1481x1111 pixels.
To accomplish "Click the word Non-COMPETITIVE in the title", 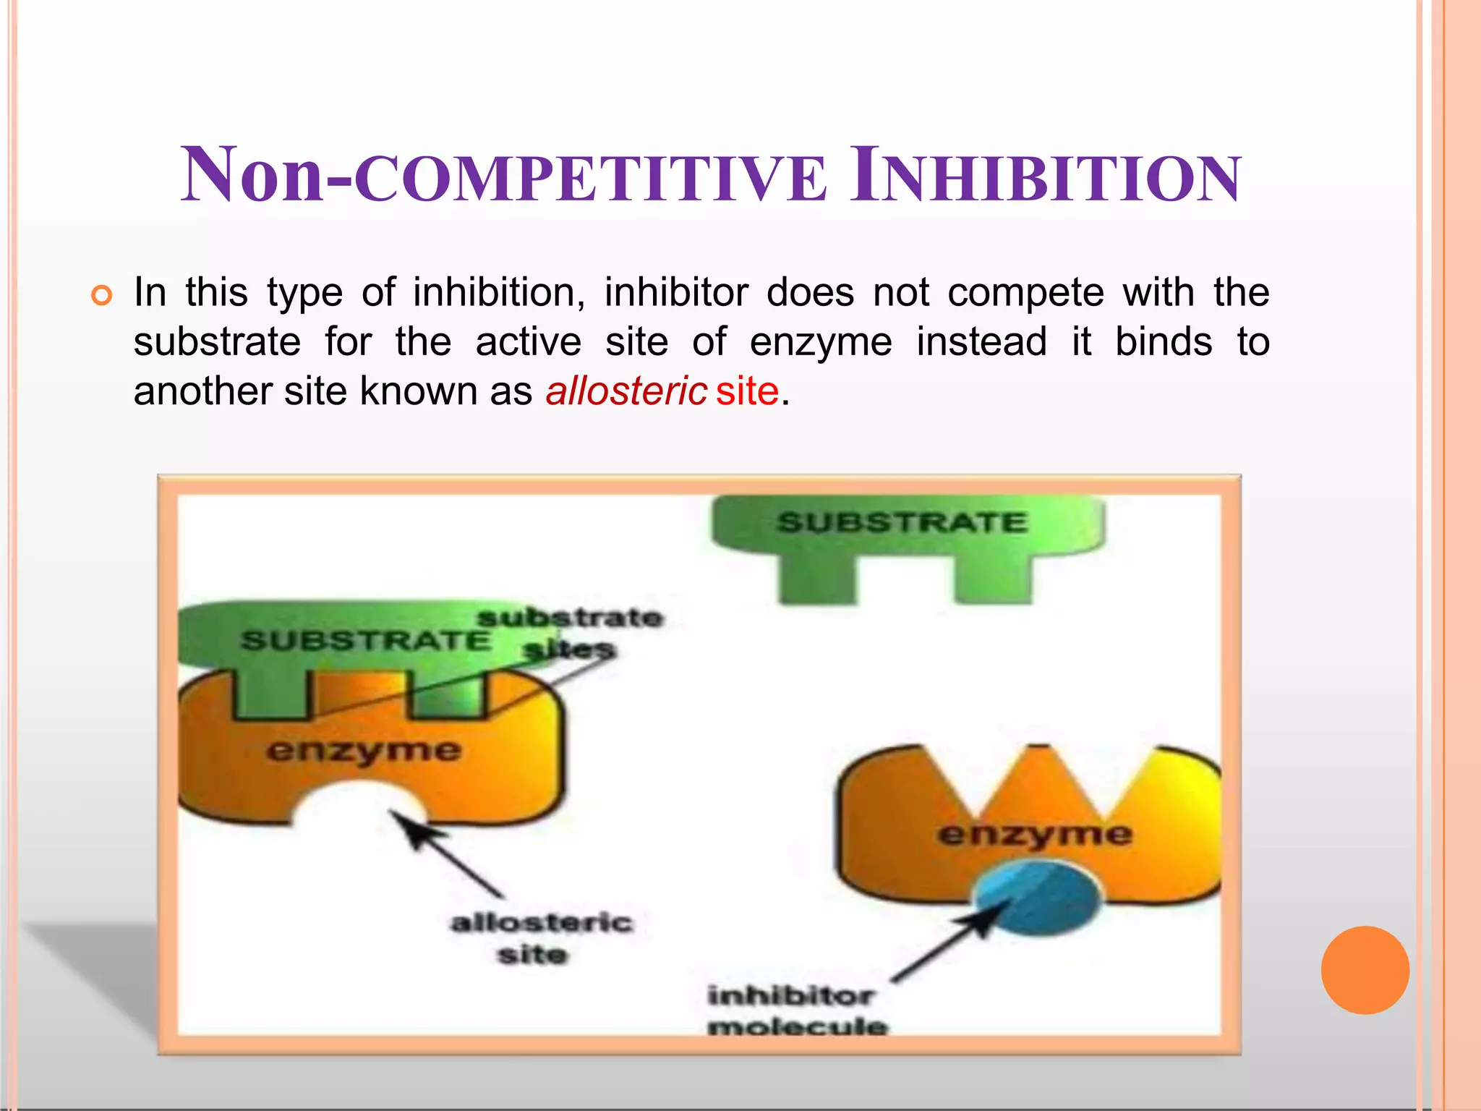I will [x=503, y=176].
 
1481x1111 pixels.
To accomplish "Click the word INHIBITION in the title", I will [x=1045, y=176].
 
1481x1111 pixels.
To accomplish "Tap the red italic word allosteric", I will [x=626, y=391].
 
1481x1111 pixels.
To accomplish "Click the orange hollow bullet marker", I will [x=102, y=295].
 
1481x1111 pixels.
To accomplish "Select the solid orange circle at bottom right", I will [x=1365, y=970].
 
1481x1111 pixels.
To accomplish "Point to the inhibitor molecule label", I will [x=795, y=1010].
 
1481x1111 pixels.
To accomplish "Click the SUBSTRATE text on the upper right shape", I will [x=902, y=522].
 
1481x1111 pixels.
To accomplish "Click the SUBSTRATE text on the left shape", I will [x=365, y=641].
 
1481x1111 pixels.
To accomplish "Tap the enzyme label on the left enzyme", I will [x=363, y=752].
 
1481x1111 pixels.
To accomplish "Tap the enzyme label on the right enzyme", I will [x=1034, y=835].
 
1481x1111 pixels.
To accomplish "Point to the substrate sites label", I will [x=569, y=633].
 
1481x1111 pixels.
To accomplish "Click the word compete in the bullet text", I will [x=1025, y=293].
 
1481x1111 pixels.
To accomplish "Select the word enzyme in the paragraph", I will [x=821, y=342].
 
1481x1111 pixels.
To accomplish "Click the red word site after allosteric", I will [x=747, y=391].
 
